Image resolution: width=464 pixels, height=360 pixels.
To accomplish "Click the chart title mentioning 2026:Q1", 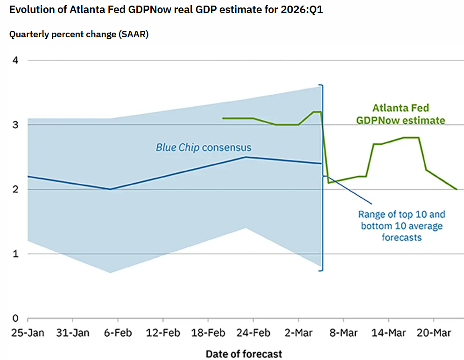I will [166, 10].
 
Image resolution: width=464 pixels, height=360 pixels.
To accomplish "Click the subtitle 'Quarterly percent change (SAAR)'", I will [79, 35].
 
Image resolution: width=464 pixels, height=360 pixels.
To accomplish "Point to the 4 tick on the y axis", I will [15, 61].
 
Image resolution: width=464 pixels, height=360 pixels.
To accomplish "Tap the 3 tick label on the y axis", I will [15, 125].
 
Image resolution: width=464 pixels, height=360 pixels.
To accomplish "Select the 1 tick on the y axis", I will [15, 254].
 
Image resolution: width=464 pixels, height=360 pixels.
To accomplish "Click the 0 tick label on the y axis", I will [15, 318].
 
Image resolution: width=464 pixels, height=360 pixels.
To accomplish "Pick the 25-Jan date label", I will [27, 334].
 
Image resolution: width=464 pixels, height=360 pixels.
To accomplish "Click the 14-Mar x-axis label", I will [388, 334].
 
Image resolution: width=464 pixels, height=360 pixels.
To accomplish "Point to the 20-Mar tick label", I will [433, 334].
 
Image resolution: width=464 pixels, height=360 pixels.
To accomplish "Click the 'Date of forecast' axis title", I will [244, 354].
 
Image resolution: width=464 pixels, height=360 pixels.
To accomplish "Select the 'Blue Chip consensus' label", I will [203, 148].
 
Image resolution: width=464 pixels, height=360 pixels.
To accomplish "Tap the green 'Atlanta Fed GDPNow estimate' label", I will [401, 114].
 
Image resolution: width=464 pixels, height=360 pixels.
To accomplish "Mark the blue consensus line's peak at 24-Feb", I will [246, 157].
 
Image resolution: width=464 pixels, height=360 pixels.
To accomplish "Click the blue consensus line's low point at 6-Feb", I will [110, 189].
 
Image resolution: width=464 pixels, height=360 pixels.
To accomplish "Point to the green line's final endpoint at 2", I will [457, 189].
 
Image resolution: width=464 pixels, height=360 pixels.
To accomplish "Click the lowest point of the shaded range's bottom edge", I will [110, 273].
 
